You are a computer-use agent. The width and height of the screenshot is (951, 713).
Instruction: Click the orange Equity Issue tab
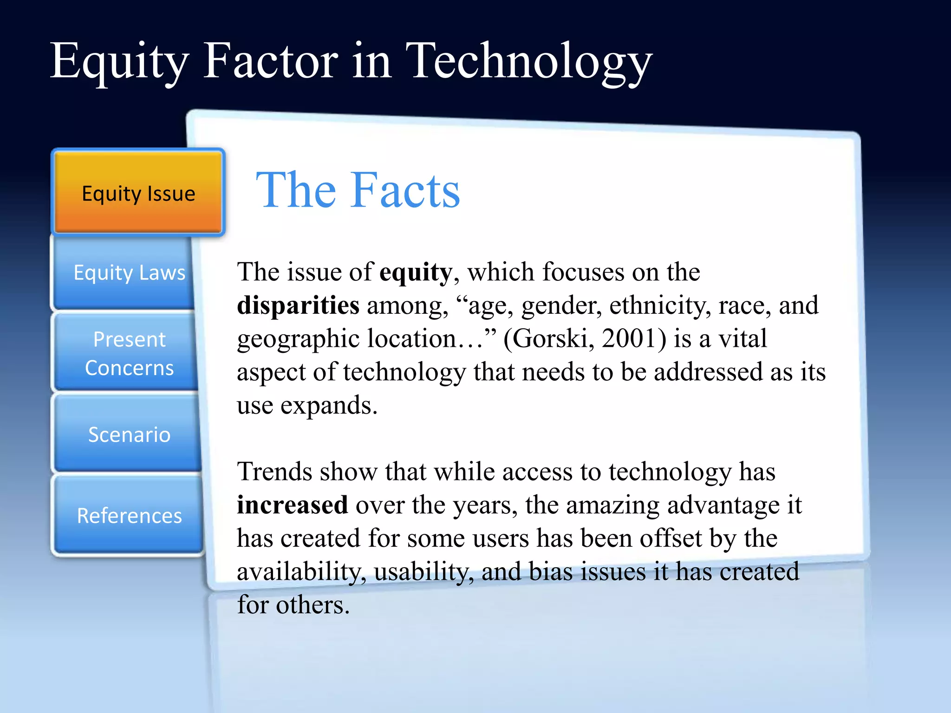138,193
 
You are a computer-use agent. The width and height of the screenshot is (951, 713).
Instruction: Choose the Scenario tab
129,434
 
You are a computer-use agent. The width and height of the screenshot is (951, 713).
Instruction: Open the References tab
129,516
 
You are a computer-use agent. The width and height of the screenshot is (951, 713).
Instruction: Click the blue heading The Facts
358,190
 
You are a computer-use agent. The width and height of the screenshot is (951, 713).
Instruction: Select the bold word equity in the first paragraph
416,272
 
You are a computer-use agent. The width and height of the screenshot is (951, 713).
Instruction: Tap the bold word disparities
298,306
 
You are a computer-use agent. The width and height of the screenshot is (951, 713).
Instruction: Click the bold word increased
293,505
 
